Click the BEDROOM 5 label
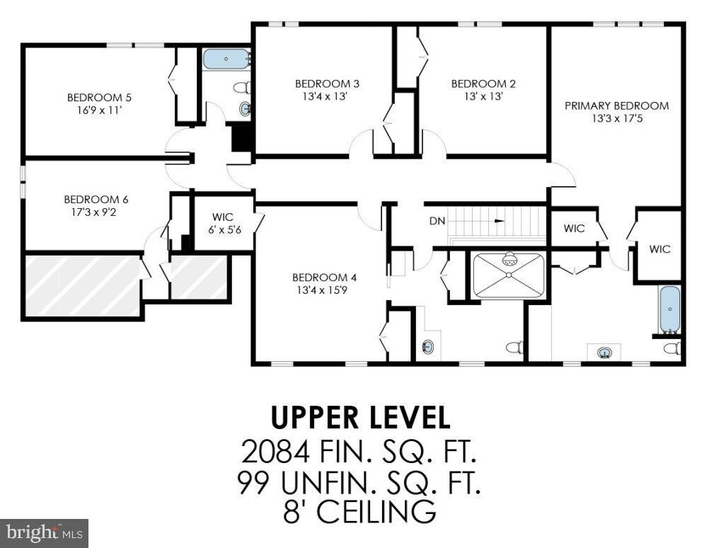tap(99, 98)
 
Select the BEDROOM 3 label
tap(322, 84)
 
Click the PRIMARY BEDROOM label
tap(616, 105)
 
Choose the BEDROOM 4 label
tap(320, 277)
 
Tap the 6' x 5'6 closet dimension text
tap(223, 229)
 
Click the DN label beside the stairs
tap(437, 221)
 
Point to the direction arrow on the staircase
tap(500, 221)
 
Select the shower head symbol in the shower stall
tap(509, 261)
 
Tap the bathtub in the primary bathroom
tap(669, 309)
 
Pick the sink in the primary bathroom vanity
tap(604, 352)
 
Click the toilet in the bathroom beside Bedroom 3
tap(241, 89)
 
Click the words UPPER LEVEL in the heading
tap(361, 418)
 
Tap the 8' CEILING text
tap(359, 511)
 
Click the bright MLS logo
tap(44, 531)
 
